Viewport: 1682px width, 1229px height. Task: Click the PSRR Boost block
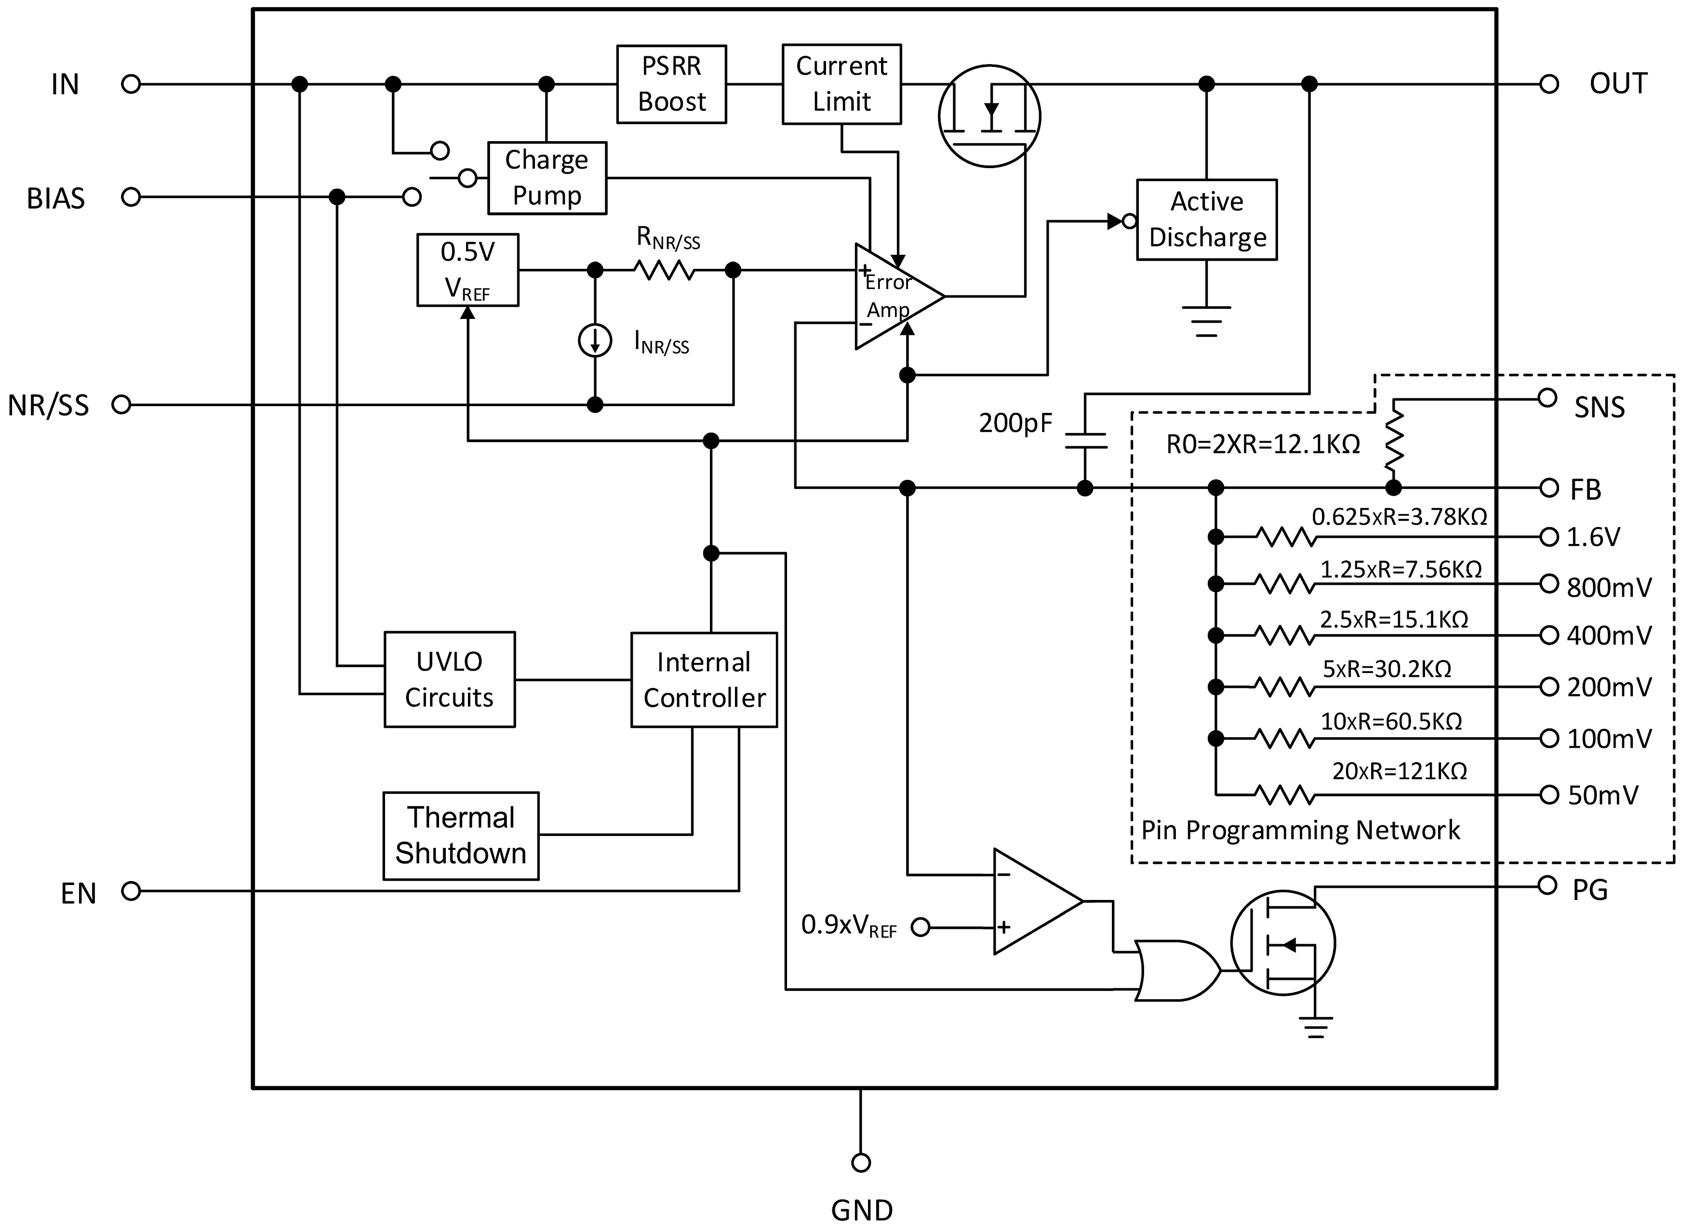tap(671, 84)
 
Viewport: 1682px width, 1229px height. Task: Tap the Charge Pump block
tap(547, 178)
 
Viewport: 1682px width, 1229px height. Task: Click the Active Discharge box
tap(1206, 220)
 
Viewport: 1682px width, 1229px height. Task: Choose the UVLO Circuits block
tap(450, 679)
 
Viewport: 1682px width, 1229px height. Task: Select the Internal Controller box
tap(704, 679)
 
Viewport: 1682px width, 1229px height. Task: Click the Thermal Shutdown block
tap(461, 835)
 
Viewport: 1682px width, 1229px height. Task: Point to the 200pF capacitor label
tap(1015, 423)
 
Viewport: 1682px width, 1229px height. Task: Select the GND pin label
tap(861, 1210)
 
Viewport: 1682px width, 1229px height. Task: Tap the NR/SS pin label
tap(48, 406)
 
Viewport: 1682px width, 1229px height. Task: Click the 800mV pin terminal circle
tap(1549, 583)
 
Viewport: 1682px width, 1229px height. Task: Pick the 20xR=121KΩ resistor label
tap(1399, 771)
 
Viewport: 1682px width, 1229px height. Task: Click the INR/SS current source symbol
tap(595, 341)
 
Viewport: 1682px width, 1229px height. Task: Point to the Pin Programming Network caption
tap(1300, 830)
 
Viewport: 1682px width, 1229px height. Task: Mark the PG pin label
tap(1590, 890)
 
